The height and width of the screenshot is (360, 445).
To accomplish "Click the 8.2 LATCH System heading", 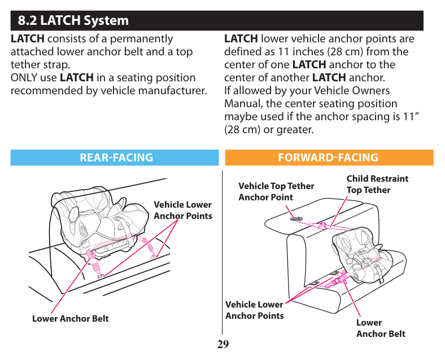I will pos(73,21).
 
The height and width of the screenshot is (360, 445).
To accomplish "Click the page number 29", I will pos(223,344).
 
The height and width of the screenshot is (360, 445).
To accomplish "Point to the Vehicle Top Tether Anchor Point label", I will pos(276,191).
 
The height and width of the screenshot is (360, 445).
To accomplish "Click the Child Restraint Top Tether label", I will pos(377,184).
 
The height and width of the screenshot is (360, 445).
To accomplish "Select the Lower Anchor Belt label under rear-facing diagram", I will pos(70,318).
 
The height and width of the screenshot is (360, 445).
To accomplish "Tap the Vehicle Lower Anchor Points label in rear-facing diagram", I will pos(182,210).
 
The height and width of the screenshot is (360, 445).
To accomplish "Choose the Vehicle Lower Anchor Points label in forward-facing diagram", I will pos(254,310).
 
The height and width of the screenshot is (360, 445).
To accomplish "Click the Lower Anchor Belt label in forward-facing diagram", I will pos(380,328).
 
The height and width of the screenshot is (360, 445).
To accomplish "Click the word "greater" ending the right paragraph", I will pos(293,130).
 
